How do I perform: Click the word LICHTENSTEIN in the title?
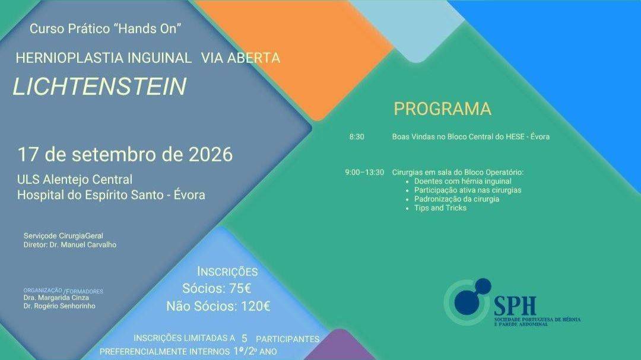[100, 86]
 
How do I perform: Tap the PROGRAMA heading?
[442, 109]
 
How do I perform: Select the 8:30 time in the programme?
[357, 137]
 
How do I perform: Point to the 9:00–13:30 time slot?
[364, 173]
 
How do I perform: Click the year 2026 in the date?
[211, 154]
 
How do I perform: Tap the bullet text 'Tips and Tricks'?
[440, 208]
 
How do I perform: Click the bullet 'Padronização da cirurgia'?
[456, 199]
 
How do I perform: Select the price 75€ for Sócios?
[240, 288]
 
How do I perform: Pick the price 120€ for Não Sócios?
[255, 306]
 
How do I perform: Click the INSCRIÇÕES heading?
[227, 272]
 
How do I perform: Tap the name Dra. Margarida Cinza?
[56, 298]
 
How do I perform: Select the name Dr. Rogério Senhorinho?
[59, 306]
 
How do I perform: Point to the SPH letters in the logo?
[515, 305]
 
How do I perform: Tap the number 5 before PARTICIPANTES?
[245, 339]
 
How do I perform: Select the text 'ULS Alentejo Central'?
[75, 179]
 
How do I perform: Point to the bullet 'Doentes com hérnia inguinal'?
[463, 181]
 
